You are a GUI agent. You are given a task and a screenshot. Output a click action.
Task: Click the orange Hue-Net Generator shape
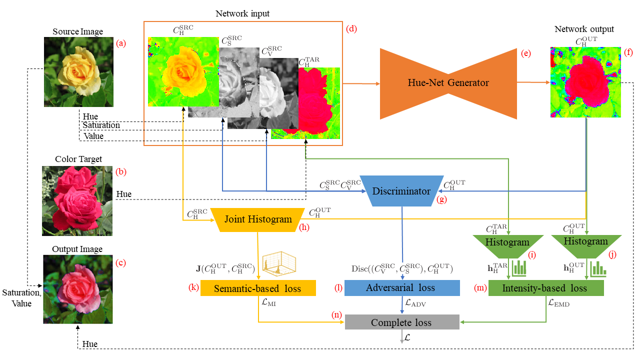click(x=448, y=83)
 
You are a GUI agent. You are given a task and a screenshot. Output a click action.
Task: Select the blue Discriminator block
click(x=401, y=191)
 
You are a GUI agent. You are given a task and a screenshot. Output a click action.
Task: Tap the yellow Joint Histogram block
click(x=257, y=219)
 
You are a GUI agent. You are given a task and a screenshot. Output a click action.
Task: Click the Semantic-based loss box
click(x=258, y=288)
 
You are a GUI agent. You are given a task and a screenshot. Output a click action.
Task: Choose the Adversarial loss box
click(x=402, y=287)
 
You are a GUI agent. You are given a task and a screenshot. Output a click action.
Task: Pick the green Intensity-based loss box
click(x=546, y=288)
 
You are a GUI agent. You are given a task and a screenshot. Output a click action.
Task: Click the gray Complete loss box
click(x=402, y=322)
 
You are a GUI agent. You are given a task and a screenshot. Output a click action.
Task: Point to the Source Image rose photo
click(x=78, y=72)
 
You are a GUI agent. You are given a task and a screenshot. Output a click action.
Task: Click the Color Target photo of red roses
click(x=77, y=201)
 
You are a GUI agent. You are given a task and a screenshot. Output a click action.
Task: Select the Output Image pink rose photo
click(x=78, y=289)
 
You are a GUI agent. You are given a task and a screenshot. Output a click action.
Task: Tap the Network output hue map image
click(x=585, y=82)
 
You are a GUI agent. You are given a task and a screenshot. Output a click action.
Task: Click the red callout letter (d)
click(x=351, y=29)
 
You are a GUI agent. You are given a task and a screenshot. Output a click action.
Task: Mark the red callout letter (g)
click(x=441, y=199)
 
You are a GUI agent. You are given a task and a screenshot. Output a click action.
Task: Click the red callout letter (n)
click(x=336, y=315)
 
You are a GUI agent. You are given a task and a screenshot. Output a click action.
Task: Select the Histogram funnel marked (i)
click(x=507, y=246)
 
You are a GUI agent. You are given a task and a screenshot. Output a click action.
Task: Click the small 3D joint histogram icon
click(x=279, y=263)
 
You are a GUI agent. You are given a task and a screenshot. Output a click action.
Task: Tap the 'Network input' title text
click(x=242, y=13)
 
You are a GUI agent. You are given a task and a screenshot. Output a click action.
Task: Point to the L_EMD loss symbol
click(x=559, y=303)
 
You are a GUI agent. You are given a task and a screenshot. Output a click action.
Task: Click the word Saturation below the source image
click(x=101, y=125)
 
